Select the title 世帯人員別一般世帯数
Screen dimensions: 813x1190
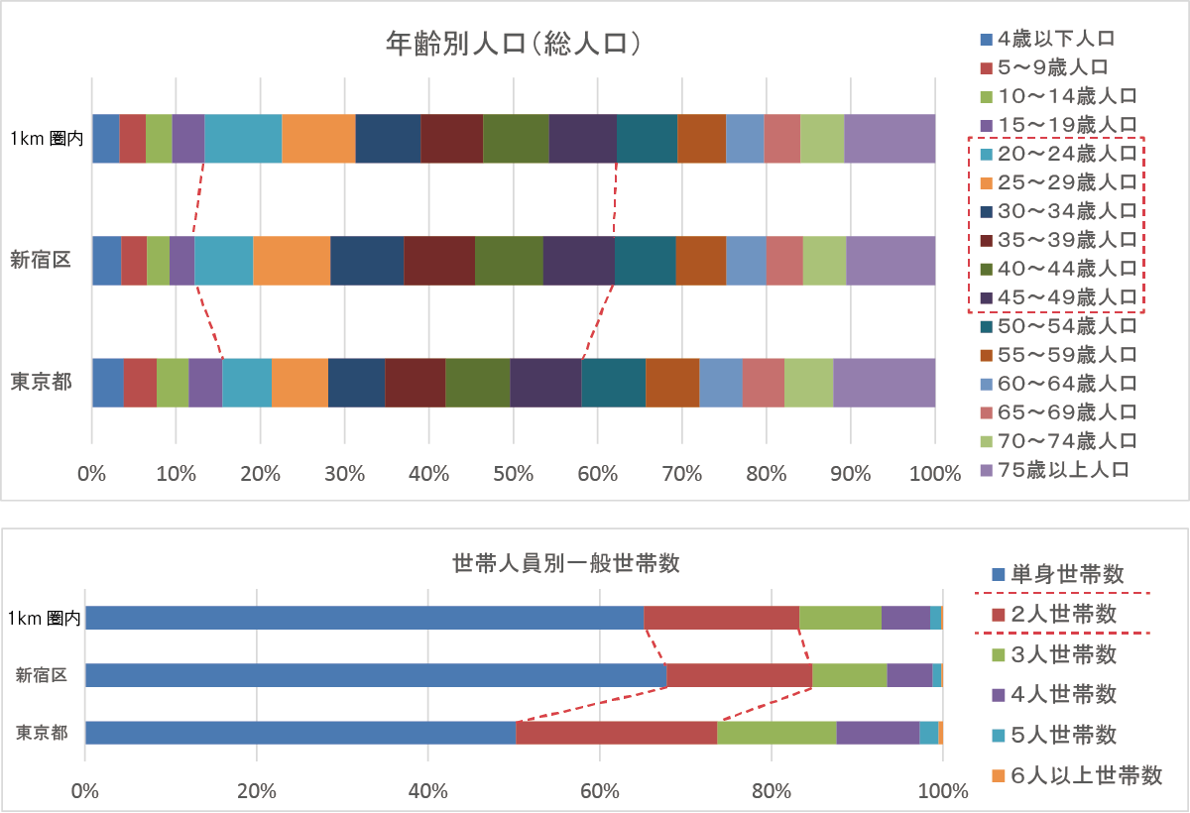pos(565,563)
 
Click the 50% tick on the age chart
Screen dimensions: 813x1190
pos(513,474)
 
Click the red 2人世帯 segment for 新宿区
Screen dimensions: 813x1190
pos(739,675)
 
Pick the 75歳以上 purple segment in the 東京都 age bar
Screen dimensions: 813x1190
pos(884,383)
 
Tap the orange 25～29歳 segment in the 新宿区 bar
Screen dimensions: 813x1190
pos(292,261)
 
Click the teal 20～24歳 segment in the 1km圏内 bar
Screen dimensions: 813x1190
pos(243,138)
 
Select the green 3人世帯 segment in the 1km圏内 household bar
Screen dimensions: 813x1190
pos(840,617)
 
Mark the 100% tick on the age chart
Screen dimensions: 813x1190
pos(934,474)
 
